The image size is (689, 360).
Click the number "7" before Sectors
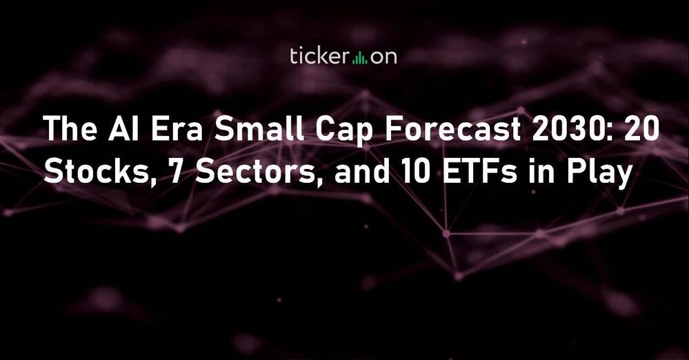click(176, 172)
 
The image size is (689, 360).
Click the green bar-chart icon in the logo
click(360, 58)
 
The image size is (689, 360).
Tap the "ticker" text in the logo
click(319, 57)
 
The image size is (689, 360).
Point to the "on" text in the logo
click(383, 58)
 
